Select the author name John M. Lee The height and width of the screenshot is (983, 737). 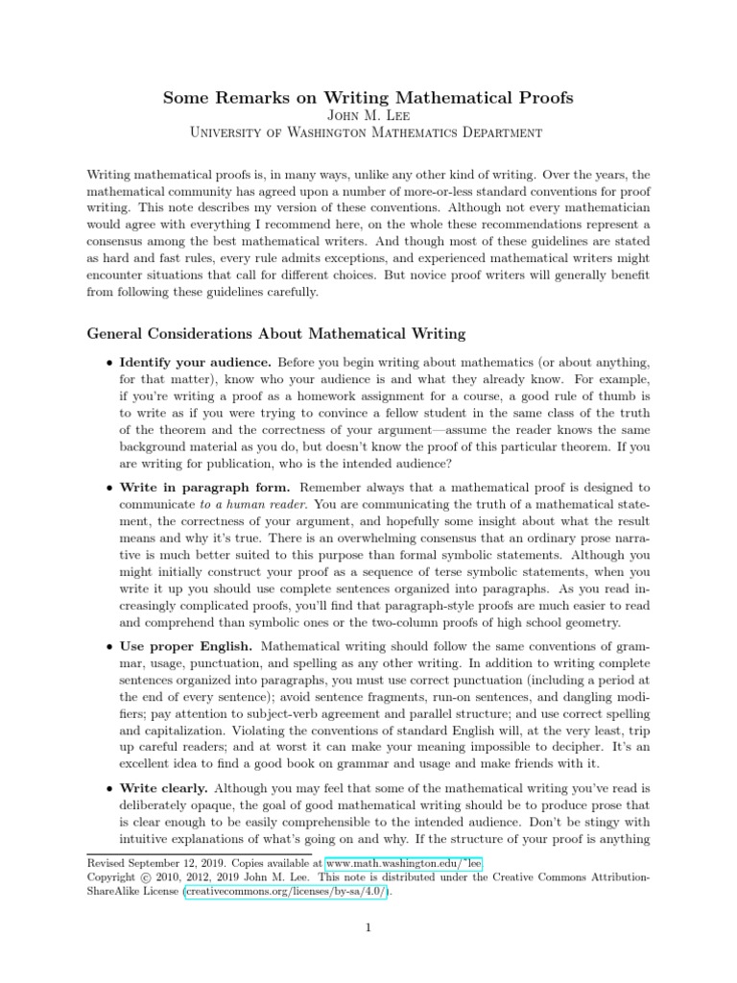368,117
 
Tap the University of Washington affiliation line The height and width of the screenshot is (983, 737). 368,136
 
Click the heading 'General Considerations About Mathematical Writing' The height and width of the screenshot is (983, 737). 276,334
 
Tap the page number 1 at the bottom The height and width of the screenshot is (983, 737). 368,927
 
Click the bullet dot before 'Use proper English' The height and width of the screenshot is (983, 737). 107,648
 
